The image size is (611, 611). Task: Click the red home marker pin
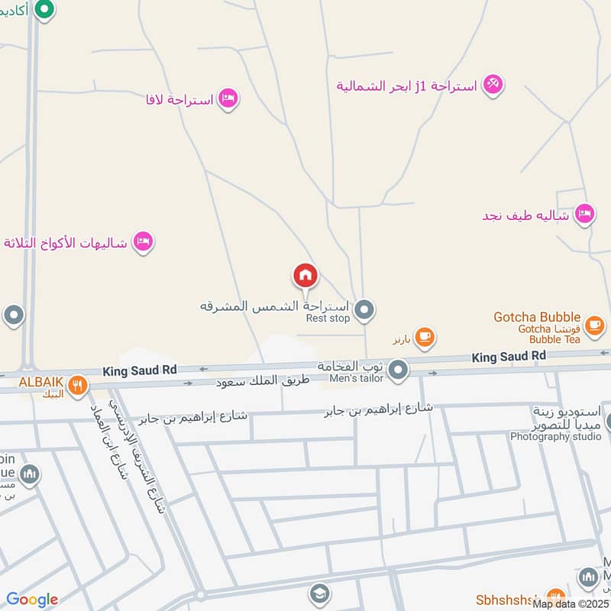(305, 276)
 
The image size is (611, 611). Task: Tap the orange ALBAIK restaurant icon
(76, 386)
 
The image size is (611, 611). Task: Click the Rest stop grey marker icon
(365, 309)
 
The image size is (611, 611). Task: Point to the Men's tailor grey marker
(397, 371)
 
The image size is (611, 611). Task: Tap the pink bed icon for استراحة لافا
(228, 99)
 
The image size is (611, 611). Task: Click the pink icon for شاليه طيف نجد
(584, 215)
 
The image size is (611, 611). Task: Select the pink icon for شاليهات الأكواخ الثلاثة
(142, 243)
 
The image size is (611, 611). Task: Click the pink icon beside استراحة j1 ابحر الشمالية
(493, 85)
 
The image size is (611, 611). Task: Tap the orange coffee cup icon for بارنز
(425, 336)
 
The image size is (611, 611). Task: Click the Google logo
(32, 600)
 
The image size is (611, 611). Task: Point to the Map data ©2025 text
(571, 604)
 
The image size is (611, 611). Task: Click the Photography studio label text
(556, 437)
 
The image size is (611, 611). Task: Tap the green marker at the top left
(45, 10)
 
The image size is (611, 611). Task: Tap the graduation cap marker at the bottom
(319, 593)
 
